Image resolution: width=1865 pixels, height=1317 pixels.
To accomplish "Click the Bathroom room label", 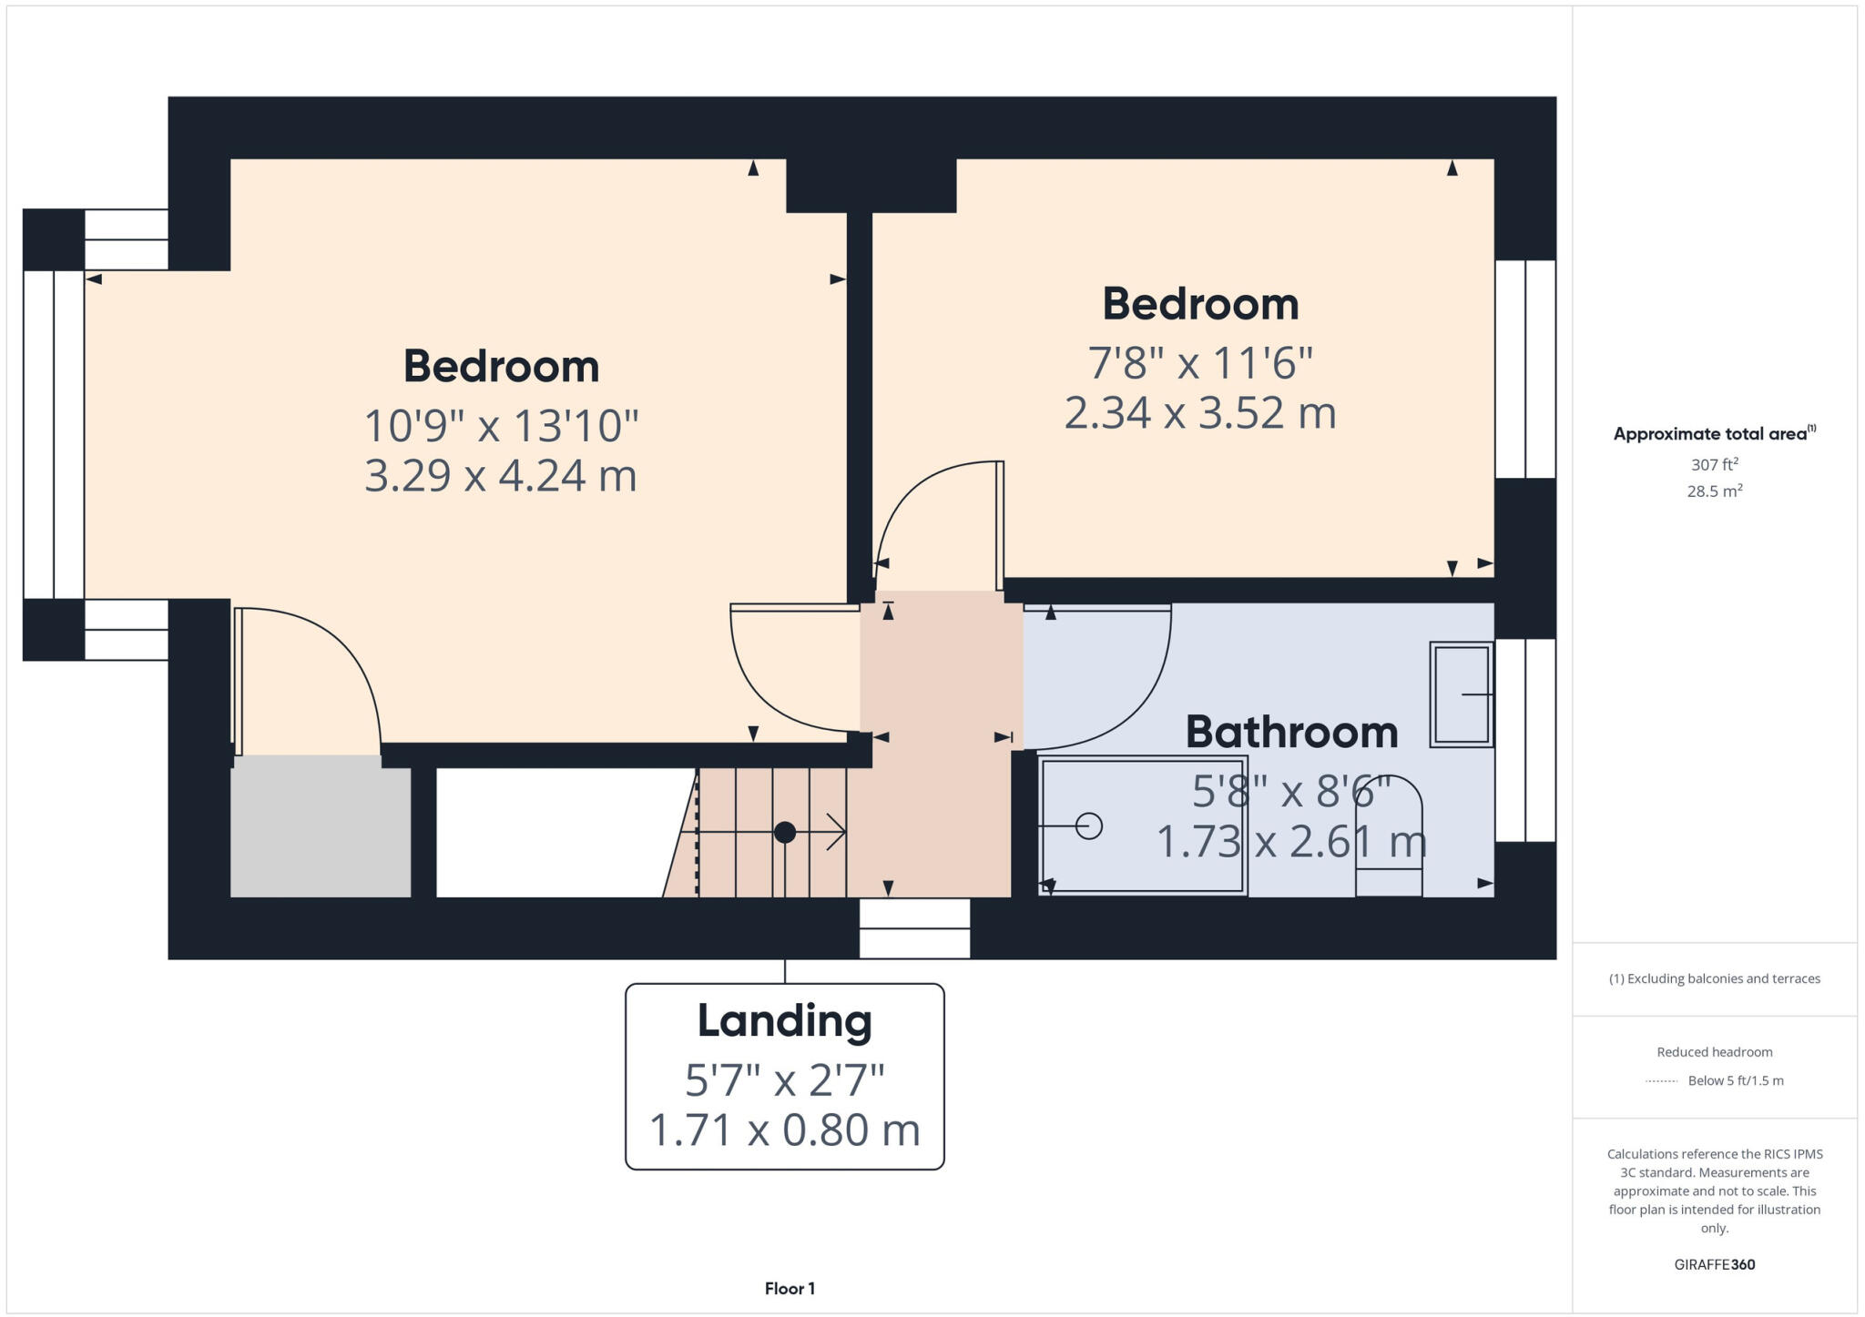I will tap(1291, 733).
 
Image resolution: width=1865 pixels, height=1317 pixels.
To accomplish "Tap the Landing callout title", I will tap(784, 1021).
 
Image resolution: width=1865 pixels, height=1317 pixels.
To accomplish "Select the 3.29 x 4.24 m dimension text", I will tap(500, 476).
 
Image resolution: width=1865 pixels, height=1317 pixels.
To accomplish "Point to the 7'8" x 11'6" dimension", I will tap(1200, 363).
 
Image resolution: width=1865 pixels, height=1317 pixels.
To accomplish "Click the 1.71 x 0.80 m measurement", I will tap(784, 1130).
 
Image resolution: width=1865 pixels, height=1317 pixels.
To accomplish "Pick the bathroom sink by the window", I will tap(1460, 694).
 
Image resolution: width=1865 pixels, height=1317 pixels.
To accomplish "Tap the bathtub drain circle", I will tap(1089, 826).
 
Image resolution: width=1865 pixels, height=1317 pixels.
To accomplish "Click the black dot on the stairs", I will tap(785, 832).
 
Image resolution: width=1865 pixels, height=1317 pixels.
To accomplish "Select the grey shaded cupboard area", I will tap(320, 832).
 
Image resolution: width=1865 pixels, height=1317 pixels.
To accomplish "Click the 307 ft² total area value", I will tap(1715, 465).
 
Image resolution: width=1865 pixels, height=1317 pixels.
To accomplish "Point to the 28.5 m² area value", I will tap(1715, 491).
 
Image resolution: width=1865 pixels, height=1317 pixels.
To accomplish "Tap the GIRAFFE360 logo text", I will tap(1714, 1264).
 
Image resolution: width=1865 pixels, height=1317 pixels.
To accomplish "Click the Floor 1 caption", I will tap(790, 1289).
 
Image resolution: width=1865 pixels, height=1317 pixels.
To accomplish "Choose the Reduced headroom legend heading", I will tap(1714, 1052).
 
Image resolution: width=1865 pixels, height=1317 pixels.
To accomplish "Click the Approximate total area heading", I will tap(1714, 434).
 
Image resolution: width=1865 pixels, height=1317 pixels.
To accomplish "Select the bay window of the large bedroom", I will tap(54, 435).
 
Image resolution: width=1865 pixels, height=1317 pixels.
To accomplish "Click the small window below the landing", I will tap(914, 928).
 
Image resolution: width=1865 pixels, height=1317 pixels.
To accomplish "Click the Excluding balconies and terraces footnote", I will tap(1714, 979).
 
